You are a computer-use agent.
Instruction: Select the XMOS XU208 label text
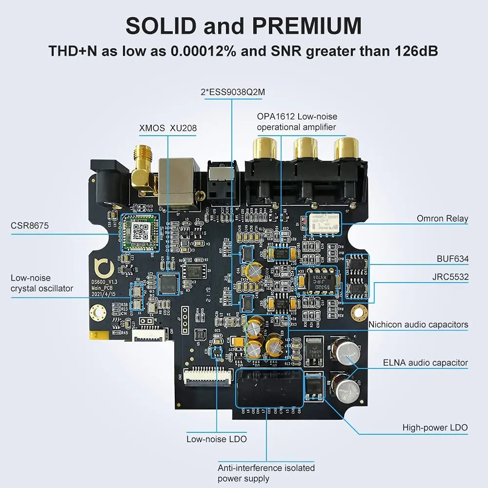coord(167,128)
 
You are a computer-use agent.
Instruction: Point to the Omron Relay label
coord(442,218)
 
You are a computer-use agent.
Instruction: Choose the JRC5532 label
coord(450,277)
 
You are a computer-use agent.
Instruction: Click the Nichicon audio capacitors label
coord(418,325)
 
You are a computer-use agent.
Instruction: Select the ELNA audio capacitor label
coord(425,363)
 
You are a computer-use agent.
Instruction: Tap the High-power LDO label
coord(435,427)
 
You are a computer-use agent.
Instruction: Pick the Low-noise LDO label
coord(216,439)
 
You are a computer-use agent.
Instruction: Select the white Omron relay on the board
coord(323,223)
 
